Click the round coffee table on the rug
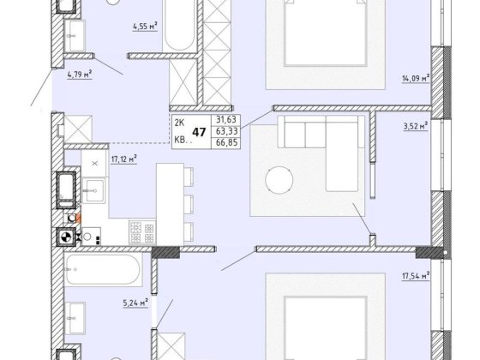[279, 180]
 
